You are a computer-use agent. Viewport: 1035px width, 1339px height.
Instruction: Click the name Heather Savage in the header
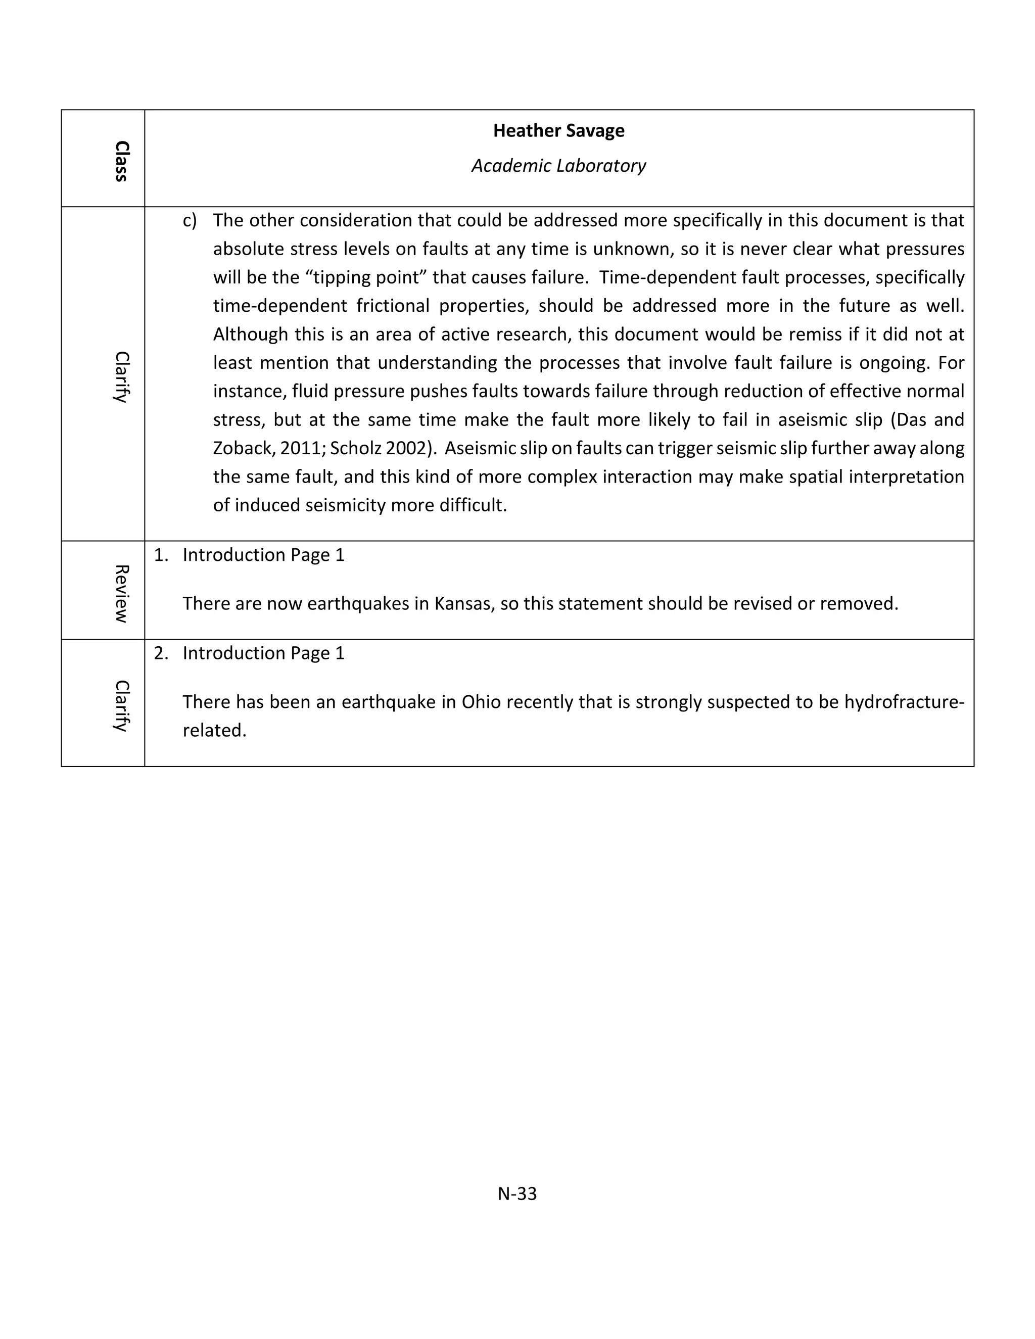(x=558, y=130)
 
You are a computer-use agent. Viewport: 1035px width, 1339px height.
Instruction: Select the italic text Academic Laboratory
(x=558, y=166)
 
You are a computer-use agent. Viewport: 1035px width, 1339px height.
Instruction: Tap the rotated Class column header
(x=121, y=161)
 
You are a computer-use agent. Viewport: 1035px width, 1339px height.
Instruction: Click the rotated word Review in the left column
(x=121, y=594)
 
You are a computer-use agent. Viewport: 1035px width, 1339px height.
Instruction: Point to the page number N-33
(x=517, y=1193)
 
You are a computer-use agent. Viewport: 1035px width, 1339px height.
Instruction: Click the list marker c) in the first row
(x=190, y=221)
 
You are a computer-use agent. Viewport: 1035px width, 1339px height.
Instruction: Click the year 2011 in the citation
(x=301, y=448)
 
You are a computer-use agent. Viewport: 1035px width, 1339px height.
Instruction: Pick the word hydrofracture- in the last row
(x=904, y=702)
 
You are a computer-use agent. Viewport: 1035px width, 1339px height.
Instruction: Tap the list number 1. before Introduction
(x=161, y=555)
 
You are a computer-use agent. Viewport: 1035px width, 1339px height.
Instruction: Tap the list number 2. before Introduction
(x=161, y=653)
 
